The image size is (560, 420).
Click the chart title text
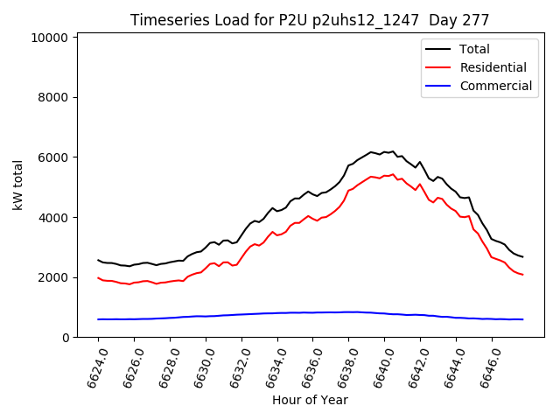pos(310,20)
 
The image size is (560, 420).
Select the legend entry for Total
pos(474,50)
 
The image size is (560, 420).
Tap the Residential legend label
pos(493,67)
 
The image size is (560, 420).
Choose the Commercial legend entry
pos(495,86)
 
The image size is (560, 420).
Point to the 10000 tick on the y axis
pos(51,38)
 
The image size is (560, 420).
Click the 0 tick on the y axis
pos(66,338)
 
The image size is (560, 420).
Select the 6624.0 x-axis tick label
pos(92,366)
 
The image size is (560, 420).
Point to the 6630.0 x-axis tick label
pos(199,366)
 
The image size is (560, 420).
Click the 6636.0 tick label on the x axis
pos(307,366)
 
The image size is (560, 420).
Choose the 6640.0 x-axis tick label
pos(379,366)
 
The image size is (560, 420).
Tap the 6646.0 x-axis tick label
pos(486,366)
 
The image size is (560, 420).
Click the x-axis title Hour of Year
pos(310,401)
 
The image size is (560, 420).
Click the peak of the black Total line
pos(393,151)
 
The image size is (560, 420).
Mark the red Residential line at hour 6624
pos(98,278)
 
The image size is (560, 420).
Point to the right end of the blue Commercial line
pos(522,319)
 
